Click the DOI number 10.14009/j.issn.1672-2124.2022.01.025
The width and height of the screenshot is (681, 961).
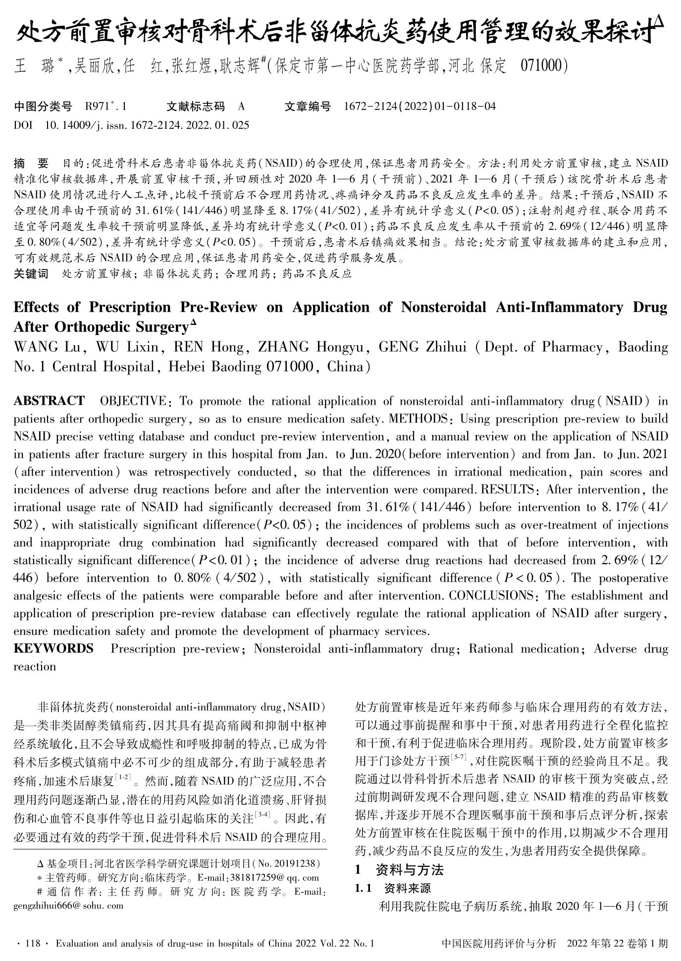[147, 125]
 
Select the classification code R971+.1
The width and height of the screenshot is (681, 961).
[106, 106]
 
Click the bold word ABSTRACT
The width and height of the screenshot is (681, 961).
[49, 401]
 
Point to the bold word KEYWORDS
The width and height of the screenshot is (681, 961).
[53, 648]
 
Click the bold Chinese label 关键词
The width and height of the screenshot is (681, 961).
[31, 273]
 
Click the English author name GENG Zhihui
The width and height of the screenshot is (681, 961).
[422, 347]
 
